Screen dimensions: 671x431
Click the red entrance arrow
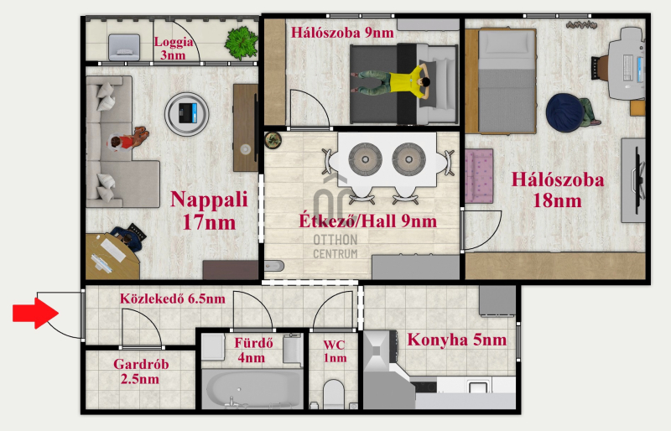pyautogui.click(x=35, y=313)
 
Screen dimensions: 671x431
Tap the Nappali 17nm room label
pyautogui.click(x=209, y=210)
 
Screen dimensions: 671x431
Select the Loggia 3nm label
pyautogui.click(x=174, y=48)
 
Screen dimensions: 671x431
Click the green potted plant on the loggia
pyautogui.click(x=242, y=43)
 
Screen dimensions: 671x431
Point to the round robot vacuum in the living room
pyautogui.click(x=186, y=113)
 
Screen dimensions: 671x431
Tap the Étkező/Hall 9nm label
pyautogui.click(x=367, y=221)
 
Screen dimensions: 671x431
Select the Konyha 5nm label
pyautogui.click(x=456, y=340)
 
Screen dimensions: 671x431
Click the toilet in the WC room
pyautogui.click(x=334, y=394)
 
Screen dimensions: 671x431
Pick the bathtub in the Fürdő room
pyautogui.click(x=252, y=388)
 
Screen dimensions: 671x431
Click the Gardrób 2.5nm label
pyautogui.click(x=141, y=371)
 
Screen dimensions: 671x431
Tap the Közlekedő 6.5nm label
pyautogui.click(x=173, y=299)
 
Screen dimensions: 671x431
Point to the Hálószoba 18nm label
pyautogui.click(x=558, y=190)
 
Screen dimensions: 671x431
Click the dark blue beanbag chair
pyautogui.click(x=564, y=112)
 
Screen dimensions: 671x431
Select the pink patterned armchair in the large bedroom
pyautogui.click(x=479, y=176)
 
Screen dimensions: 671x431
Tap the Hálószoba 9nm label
pyautogui.click(x=342, y=33)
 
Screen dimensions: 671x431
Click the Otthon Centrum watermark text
pyautogui.click(x=335, y=247)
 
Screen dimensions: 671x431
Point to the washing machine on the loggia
pyautogui.click(x=124, y=47)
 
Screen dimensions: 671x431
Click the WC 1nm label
pyautogui.click(x=335, y=351)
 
